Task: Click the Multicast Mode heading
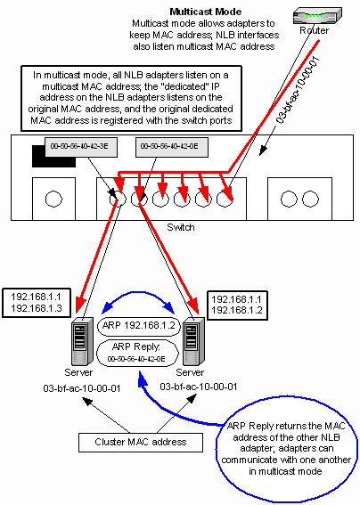pos(206,12)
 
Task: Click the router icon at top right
pos(317,16)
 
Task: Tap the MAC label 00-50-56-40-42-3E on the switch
pos(79,146)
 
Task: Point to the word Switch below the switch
pos(181,227)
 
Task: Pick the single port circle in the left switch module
pos(53,199)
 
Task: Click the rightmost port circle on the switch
pos(310,199)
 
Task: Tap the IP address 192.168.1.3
pos(37,308)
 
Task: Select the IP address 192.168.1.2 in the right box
pos(237,310)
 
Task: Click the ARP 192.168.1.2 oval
pos(139,326)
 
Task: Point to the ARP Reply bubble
pos(137,353)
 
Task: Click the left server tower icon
pos(82,340)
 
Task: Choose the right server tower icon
pos(193,340)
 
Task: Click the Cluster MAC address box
pos(141,442)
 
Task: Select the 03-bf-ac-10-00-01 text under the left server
pos(82,388)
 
